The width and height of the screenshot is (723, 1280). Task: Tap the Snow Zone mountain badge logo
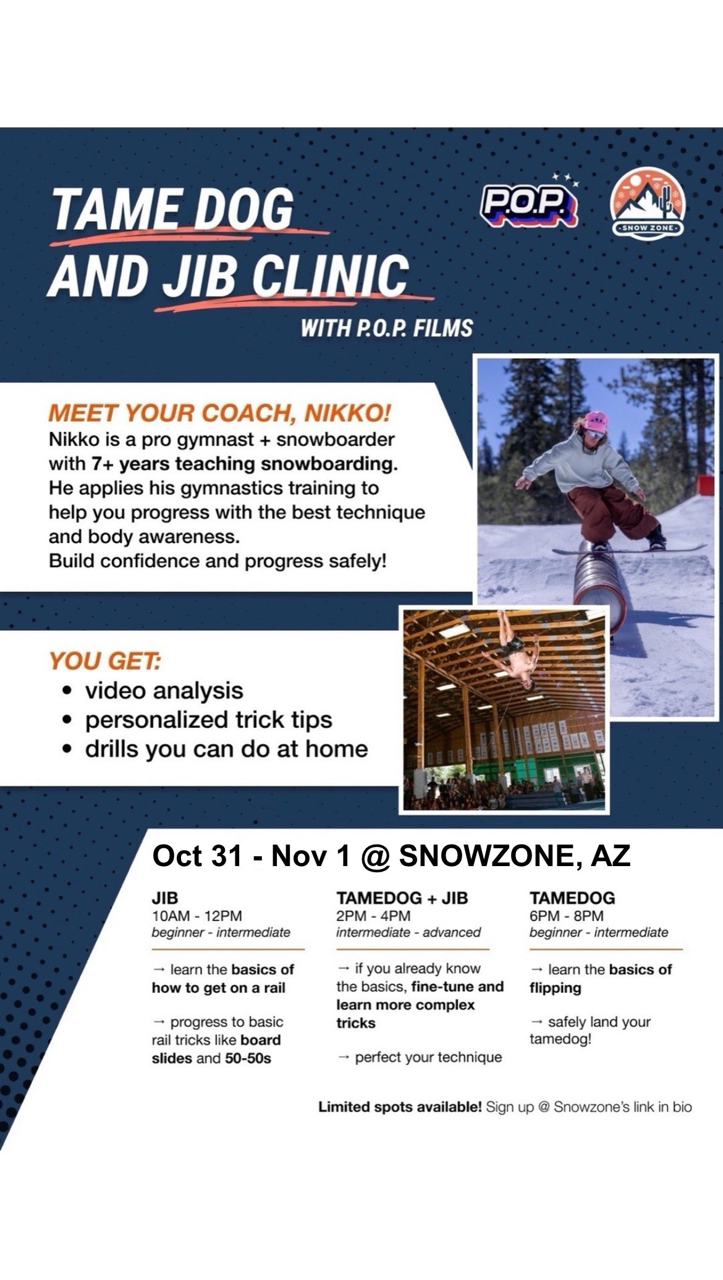[648, 206]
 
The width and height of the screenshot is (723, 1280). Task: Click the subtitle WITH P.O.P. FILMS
[387, 328]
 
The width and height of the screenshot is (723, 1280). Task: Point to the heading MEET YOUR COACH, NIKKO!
[220, 413]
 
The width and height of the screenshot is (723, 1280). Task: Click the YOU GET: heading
[105, 661]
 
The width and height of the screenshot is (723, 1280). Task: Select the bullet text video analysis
[164, 691]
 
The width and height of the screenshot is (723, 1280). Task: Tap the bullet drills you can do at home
[227, 749]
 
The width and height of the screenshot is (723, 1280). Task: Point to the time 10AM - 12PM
[197, 916]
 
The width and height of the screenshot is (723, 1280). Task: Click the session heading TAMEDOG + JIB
[402, 898]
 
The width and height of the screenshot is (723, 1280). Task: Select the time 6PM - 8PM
[567, 916]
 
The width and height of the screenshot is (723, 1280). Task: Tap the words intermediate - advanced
[408, 932]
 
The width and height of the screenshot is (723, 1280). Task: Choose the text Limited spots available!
[400, 1107]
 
